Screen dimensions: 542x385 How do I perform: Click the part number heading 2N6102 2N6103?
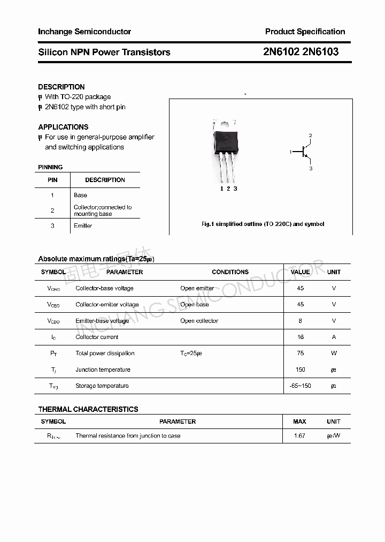[x=301, y=52]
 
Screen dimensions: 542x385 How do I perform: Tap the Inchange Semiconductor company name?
[x=84, y=32]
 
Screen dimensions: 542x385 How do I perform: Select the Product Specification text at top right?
[x=305, y=32]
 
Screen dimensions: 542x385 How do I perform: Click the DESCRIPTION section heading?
[x=61, y=87]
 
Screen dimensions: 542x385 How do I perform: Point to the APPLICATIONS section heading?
[x=63, y=127]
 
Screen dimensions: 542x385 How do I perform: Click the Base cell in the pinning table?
[x=80, y=195]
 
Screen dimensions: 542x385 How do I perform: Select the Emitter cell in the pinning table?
[x=83, y=226]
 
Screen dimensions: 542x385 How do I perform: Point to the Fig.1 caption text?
[x=263, y=224]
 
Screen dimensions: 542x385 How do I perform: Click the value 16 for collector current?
[x=301, y=337]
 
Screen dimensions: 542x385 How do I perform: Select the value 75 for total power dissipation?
[x=301, y=353]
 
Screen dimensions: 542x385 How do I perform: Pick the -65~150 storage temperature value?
[x=300, y=386]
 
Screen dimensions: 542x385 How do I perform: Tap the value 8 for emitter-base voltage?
[x=301, y=321]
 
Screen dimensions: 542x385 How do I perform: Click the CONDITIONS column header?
[x=230, y=272]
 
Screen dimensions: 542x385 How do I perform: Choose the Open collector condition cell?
[x=199, y=321]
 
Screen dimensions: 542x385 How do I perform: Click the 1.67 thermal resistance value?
[x=299, y=436]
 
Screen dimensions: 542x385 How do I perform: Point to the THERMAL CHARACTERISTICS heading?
[x=88, y=409]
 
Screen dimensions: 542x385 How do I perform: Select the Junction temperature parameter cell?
[x=103, y=370]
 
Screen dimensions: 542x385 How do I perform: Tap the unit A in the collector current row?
[x=334, y=337]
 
